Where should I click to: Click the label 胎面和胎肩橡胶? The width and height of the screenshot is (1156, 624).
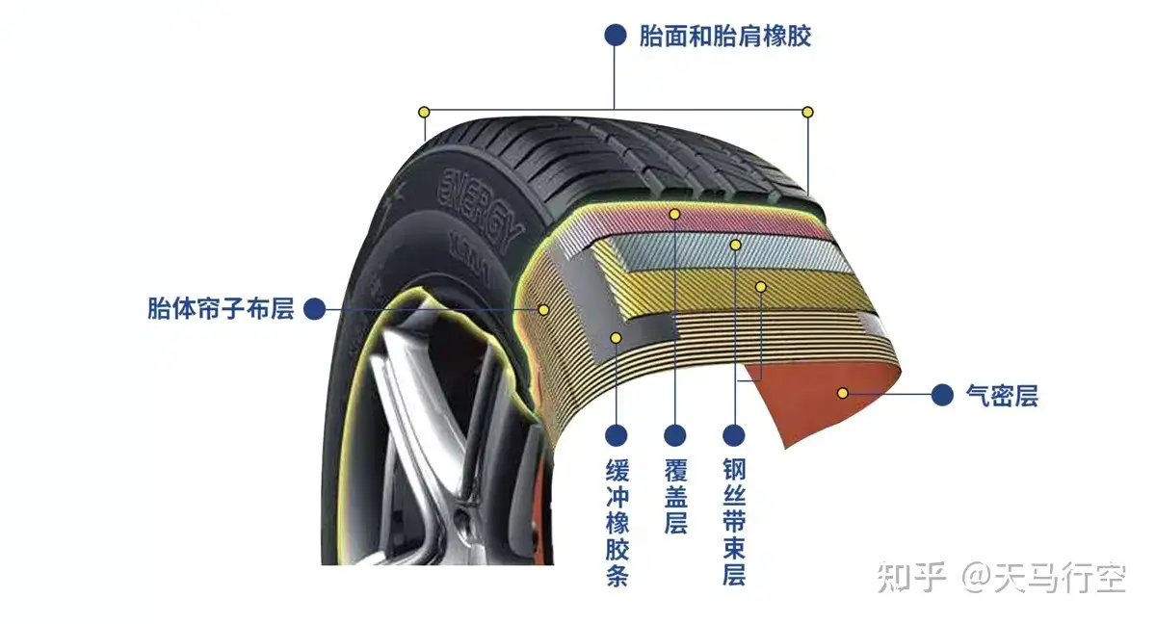[x=724, y=37]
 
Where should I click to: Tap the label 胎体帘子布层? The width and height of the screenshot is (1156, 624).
[x=220, y=309]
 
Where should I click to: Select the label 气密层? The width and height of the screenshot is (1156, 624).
[x=1002, y=395]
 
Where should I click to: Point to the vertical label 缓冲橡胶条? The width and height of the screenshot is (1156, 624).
[x=617, y=523]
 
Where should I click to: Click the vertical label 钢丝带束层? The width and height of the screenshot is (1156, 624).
[x=734, y=521]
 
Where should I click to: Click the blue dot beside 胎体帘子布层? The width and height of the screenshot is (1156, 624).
[x=313, y=309]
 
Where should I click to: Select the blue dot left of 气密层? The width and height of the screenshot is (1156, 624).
[x=943, y=394]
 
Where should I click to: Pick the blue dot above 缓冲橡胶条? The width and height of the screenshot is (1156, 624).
[x=617, y=435]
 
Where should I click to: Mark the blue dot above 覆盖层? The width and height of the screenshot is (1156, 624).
[x=675, y=435]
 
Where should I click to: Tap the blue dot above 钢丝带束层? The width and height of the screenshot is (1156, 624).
[x=734, y=435]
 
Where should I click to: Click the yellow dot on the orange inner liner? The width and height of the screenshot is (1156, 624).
[x=843, y=393]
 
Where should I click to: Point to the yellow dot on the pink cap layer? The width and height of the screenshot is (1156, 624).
[x=675, y=213]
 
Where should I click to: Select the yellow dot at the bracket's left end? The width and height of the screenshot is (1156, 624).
[x=423, y=112]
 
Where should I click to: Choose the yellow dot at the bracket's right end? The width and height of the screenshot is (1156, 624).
[x=808, y=112]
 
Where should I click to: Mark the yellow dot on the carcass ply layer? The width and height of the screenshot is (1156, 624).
[x=543, y=309]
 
